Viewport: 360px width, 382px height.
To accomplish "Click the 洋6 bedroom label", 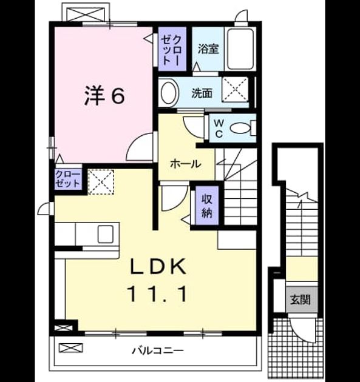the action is [104, 96].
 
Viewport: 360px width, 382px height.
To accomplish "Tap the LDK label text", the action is [158, 266].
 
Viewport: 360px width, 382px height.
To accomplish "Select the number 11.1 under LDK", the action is [158, 294].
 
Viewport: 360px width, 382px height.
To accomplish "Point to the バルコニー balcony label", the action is [158, 350].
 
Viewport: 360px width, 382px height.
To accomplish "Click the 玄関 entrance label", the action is [301, 300].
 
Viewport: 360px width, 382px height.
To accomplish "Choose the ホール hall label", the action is [186, 164].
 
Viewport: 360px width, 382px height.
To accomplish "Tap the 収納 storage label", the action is [207, 206].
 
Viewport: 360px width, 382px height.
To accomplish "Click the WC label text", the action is [219, 129].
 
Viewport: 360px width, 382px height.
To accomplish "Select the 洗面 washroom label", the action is [202, 93].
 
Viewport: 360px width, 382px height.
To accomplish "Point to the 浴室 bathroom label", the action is [208, 49].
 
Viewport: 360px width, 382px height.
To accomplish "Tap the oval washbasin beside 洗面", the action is [169, 93].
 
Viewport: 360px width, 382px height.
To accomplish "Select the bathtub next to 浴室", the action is [240, 49].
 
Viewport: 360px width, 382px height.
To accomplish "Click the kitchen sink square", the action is [106, 234].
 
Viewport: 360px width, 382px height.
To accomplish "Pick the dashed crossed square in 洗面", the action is [235, 89].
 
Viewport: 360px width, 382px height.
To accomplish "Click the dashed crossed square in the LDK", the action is [101, 182].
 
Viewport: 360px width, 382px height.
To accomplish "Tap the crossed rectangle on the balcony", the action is [71, 347].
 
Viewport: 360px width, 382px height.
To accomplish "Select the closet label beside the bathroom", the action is [172, 50].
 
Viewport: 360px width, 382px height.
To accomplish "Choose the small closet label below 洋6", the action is [67, 179].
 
